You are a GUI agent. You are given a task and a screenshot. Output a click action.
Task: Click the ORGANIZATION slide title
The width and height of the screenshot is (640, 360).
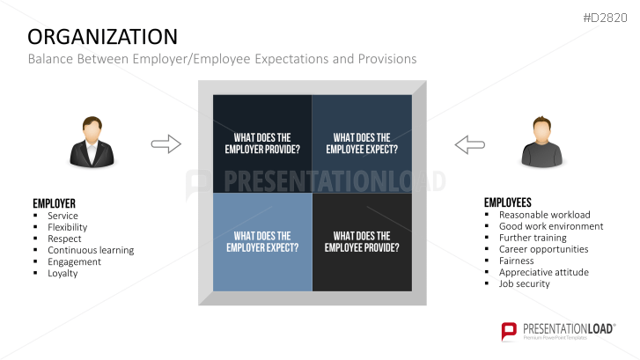[102, 36]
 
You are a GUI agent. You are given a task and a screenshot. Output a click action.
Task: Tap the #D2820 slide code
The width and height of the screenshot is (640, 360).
[607, 17]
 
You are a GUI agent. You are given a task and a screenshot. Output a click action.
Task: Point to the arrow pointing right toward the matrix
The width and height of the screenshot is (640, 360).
[166, 143]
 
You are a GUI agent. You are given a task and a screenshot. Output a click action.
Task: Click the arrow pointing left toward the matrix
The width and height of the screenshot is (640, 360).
[469, 143]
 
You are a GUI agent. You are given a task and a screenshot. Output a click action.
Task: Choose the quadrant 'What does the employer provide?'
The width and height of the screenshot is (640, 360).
[262, 143]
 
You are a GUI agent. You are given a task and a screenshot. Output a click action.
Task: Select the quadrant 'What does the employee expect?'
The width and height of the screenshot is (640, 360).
[362, 143]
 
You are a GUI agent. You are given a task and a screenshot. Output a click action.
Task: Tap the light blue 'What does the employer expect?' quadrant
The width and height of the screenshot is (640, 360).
[262, 242]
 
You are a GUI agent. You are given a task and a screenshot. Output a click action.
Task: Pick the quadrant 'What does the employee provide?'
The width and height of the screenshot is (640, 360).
[362, 242]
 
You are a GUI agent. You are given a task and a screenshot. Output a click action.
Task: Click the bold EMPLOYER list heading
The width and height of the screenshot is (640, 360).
[54, 203]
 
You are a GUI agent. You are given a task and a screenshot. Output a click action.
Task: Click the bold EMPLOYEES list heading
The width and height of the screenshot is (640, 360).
[508, 202]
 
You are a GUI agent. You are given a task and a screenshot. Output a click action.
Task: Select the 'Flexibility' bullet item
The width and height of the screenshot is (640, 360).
[67, 227]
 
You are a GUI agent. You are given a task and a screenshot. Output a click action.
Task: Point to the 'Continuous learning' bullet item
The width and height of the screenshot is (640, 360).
[91, 250]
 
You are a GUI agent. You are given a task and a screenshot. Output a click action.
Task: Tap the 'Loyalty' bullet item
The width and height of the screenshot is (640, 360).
[63, 273]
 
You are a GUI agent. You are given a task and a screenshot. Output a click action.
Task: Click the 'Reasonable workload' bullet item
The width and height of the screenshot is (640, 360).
[544, 215]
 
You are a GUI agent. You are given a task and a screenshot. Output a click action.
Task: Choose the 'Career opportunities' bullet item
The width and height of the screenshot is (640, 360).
[543, 249]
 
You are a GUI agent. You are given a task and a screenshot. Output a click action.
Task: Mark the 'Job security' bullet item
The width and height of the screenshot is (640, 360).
[524, 283]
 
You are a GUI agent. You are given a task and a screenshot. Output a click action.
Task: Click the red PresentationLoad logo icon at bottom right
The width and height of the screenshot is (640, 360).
[509, 331]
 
